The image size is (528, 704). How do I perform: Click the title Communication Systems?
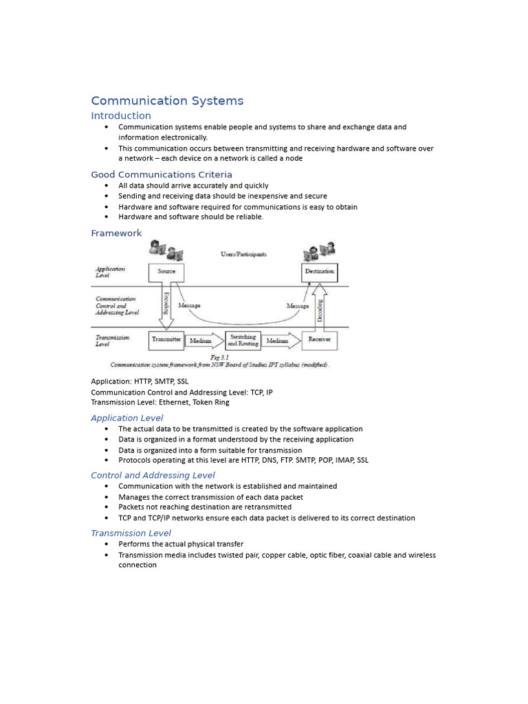pyautogui.click(x=167, y=101)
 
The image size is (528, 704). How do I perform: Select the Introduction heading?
pyautogui.click(x=121, y=115)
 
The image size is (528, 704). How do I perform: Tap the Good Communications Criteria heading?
pyautogui.click(x=162, y=175)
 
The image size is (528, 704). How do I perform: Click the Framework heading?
pyautogui.click(x=116, y=233)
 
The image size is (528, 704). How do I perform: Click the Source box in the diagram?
pyautogui.click(x=166, y=272)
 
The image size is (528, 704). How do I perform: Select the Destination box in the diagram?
pyautogui.click(x=320, y=272)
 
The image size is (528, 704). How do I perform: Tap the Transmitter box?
pyautogui.click(x=166, y=340)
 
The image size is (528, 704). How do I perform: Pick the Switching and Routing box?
pyautogui.click(x=243, y=340)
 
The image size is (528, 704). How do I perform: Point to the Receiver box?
pyautogui.click(x=320, y=340)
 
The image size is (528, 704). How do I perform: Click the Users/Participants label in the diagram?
pyautogui.click(x=243, y=254)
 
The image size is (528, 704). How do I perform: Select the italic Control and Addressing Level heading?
pyautogui.click(x=153, y=475)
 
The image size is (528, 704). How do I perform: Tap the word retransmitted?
pyautogui.click(x=265, y=507)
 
